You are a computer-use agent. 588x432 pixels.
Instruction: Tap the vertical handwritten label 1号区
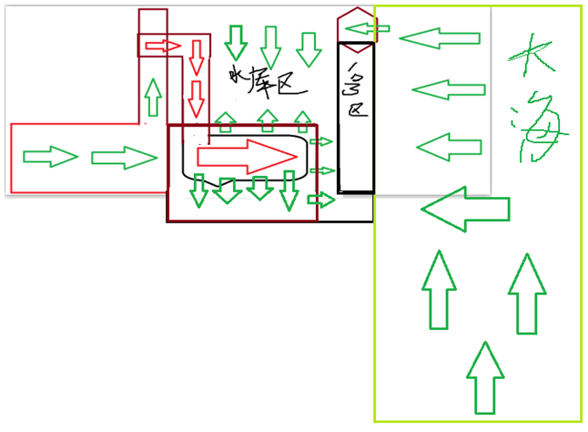tap(355, 91)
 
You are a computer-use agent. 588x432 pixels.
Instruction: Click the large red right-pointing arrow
tap(248, 155)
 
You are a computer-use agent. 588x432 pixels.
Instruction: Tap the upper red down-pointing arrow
tap(196, 57)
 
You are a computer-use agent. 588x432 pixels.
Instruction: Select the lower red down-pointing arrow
tap(196, 94)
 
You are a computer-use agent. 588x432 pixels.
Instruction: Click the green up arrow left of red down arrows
tap(154, 93)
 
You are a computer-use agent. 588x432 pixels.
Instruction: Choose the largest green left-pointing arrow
tap(464, 210)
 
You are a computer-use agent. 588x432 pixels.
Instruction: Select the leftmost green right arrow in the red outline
tap(50, 156)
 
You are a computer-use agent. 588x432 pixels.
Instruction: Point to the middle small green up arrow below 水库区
tap(267, 118)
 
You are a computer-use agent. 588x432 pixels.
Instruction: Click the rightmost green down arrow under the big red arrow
tap(289, 190)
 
